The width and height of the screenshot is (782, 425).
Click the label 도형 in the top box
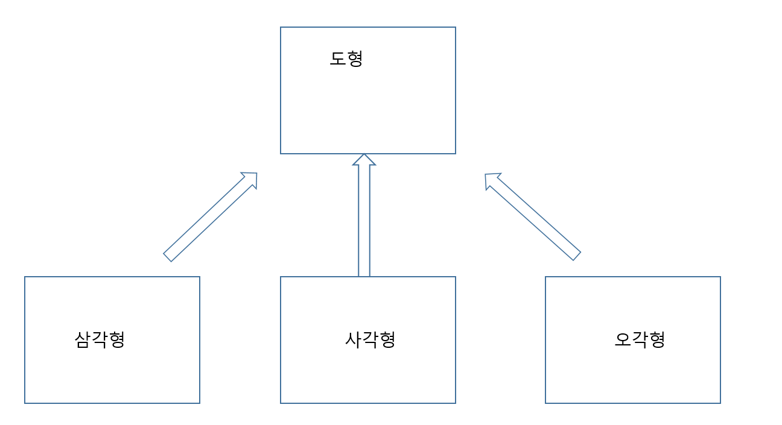(x=346, y=58)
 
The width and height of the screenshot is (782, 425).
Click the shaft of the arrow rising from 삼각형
(x=205, y=220)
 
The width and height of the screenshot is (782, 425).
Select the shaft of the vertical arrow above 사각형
(x=364, y=223)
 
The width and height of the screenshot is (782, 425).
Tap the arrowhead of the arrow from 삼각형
(x=251, y=179)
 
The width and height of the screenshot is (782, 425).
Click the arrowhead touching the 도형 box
(x=364, y=160)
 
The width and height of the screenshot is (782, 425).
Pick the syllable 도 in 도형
(x=337, y=58)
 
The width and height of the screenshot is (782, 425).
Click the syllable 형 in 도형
(x=354, y=58)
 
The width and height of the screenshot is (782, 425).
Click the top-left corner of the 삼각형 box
(x=25, y=277)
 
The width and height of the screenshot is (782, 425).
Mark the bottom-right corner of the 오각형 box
(x=720, y=403)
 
